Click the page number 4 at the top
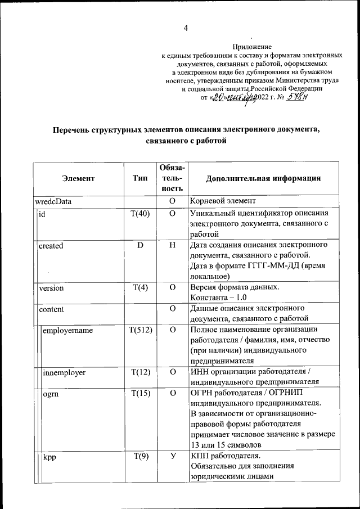[186, 29]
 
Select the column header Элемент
[78, 178]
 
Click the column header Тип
[140, 178]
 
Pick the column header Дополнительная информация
[263, 178]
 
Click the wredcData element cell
[53, 200]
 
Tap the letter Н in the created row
[173, 246]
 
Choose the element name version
[51, 288]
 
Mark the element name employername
[67, 330]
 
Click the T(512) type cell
[140, 330]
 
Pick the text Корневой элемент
[223, 200]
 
